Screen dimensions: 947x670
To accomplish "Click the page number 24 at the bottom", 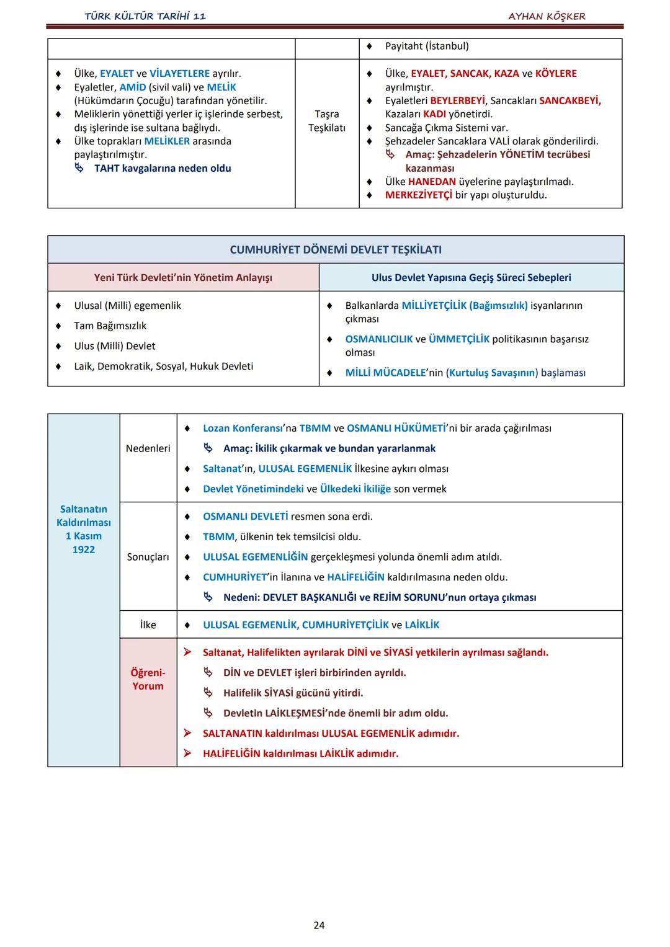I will pyautogui.click(x=319, y=925).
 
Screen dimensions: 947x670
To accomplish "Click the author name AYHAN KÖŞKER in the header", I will pyautogui.click(x=547, y=16).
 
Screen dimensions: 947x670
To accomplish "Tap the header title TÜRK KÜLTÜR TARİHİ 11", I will pyautogui.click(x=145, y=16).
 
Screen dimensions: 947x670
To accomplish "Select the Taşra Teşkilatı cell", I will pyautogui.click(x=327, y=121).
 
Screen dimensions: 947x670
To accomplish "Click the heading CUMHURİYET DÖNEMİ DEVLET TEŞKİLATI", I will pyautogui.click(x=336, y=250).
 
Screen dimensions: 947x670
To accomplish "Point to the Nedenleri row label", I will pyautogui.click(x=148, y=448).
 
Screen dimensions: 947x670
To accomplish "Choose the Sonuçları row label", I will pyautogui.click(x=148, y=557).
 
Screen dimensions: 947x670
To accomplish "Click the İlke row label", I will pyautogui.click(x=148, y=625).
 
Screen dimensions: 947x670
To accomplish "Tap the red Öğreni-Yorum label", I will pyautogui.click(x=148, y=679).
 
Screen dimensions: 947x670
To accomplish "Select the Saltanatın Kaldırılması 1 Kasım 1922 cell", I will pyautogui.click(x=84, y=529).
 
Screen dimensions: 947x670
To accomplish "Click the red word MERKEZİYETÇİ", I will pyautogui.click(x=419, y=195).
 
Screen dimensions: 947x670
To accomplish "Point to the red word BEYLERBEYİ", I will pyautogui.click(x=457, y=100).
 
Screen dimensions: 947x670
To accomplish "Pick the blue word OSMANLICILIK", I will pyautogui.click(x=378, y=339).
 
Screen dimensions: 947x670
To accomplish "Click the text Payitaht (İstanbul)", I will pyautogui.click(x=427, y=47).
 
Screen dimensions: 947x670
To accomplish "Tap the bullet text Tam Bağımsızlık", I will pyautogui.click(x=110, y=326).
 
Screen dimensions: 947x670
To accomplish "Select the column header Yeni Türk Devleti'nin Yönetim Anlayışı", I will pyautogui.click(x=183, y=278).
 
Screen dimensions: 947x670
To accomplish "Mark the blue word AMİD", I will pyautogui.click(x=133, y=87).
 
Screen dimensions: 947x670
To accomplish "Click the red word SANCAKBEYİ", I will pyautogui.click(x=570, y=100).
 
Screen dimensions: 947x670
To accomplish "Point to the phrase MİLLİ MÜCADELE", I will pyautogui.click(x=385, y=373).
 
